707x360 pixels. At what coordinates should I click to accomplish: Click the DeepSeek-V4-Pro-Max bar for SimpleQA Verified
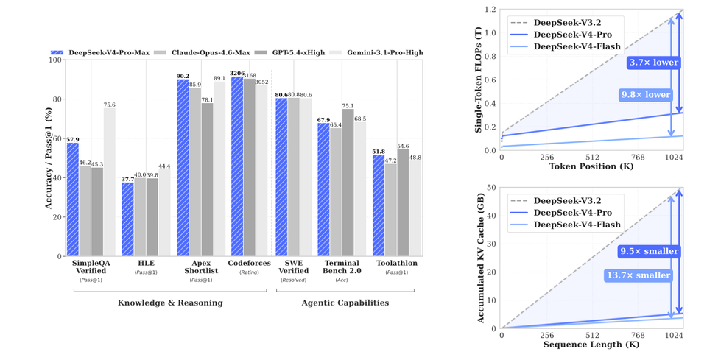click(73, 200)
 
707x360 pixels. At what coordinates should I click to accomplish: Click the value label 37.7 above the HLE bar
click(127, 179)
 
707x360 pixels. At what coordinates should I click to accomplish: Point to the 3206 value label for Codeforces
click(236, 74)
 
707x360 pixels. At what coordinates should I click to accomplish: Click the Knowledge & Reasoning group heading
click(170, 303)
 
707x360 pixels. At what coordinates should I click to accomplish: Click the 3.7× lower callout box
click(653, 63)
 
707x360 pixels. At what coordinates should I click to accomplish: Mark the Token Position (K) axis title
click(592, 166)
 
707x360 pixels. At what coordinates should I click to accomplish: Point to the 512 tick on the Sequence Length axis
click(592, 335)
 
